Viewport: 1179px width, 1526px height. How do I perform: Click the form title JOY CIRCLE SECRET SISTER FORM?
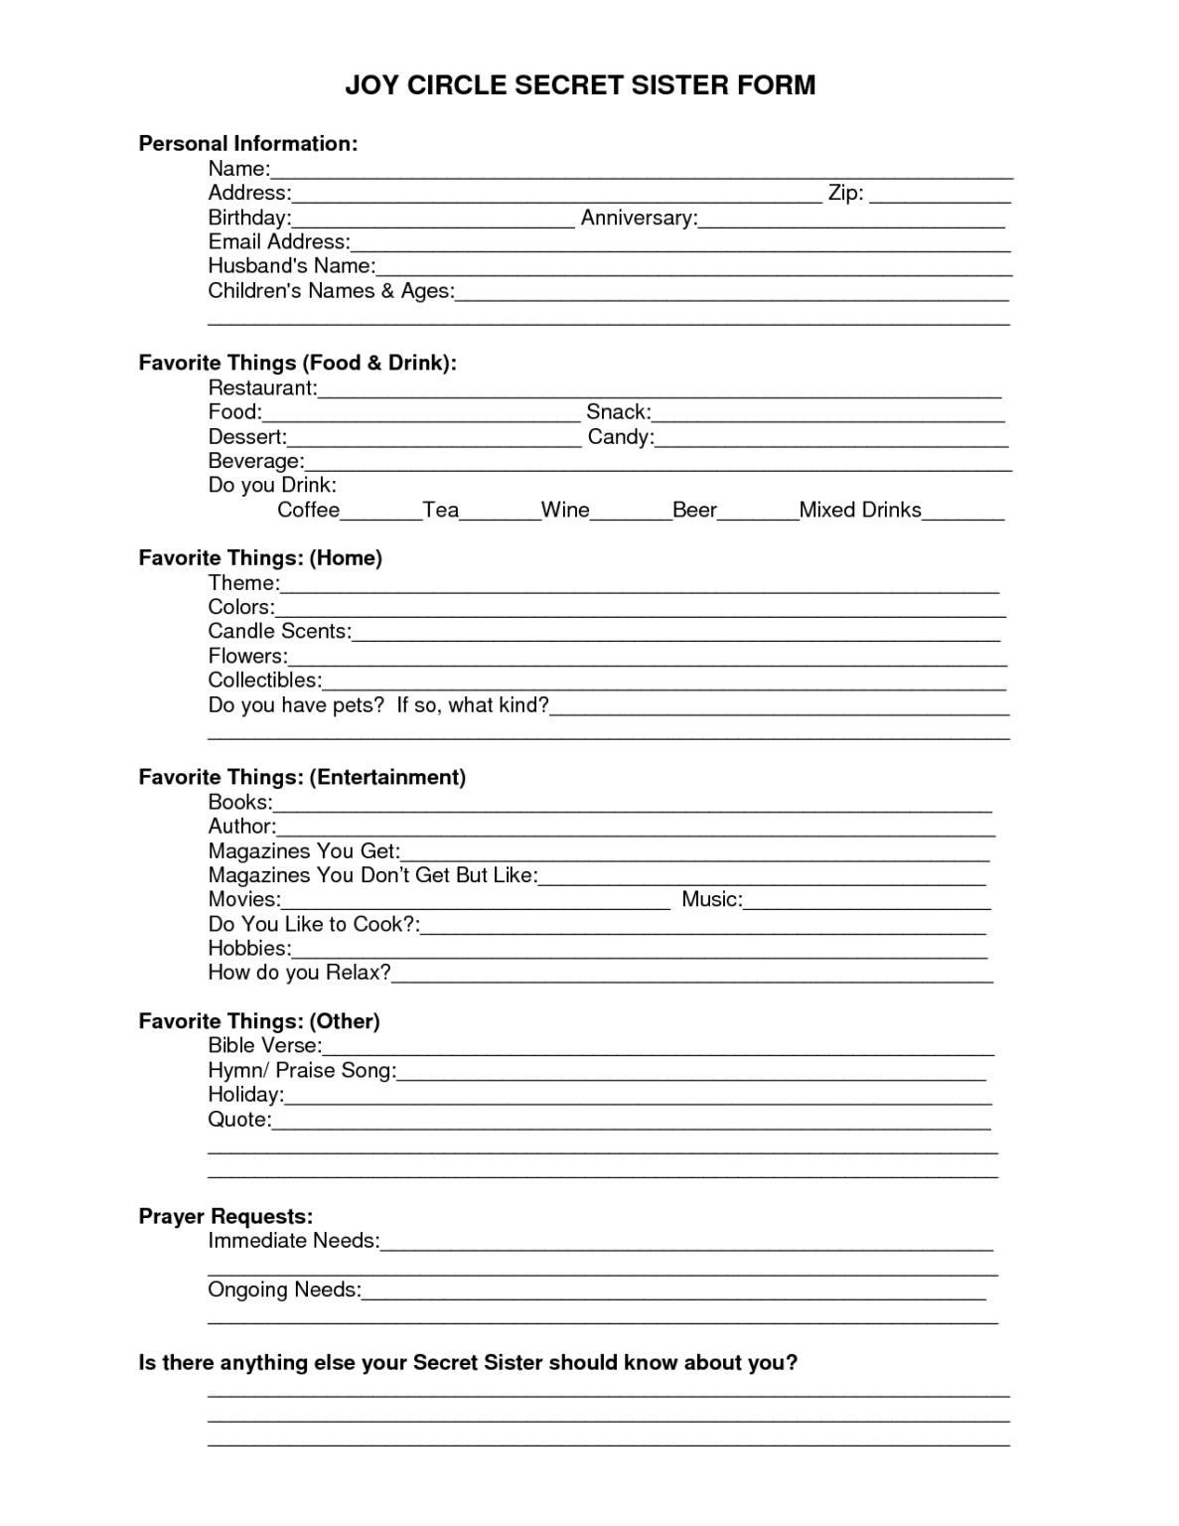[580, 85]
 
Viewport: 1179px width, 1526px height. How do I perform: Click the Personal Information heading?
[247, 143]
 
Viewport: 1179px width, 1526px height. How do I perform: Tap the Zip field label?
[845, 193]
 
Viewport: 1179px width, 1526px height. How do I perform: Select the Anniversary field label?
[639, 218]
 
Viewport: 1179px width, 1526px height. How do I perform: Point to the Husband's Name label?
[291, 266]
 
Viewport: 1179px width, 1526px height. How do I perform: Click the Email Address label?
[278, 241]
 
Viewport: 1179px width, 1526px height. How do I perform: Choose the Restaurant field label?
[262, 387]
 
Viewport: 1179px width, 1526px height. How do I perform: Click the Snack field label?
[618, 412]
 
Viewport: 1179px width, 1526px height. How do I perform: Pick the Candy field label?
[621, 437]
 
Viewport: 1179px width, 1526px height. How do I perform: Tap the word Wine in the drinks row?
[565, 511]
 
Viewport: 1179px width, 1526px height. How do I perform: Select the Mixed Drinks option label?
[860, 511]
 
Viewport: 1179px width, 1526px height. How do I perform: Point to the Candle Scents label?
[279, 632]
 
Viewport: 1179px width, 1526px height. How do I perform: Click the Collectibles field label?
[264, 681]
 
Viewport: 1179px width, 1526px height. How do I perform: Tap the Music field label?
[711, 900]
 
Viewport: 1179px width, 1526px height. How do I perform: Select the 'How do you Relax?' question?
[299, 973]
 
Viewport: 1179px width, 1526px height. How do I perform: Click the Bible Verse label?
[264, 1046]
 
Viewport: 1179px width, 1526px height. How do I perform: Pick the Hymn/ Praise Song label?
[302, 1071]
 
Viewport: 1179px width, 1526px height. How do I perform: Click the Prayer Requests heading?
[225, 1217]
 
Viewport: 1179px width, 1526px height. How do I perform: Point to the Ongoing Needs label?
[284, 1290]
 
